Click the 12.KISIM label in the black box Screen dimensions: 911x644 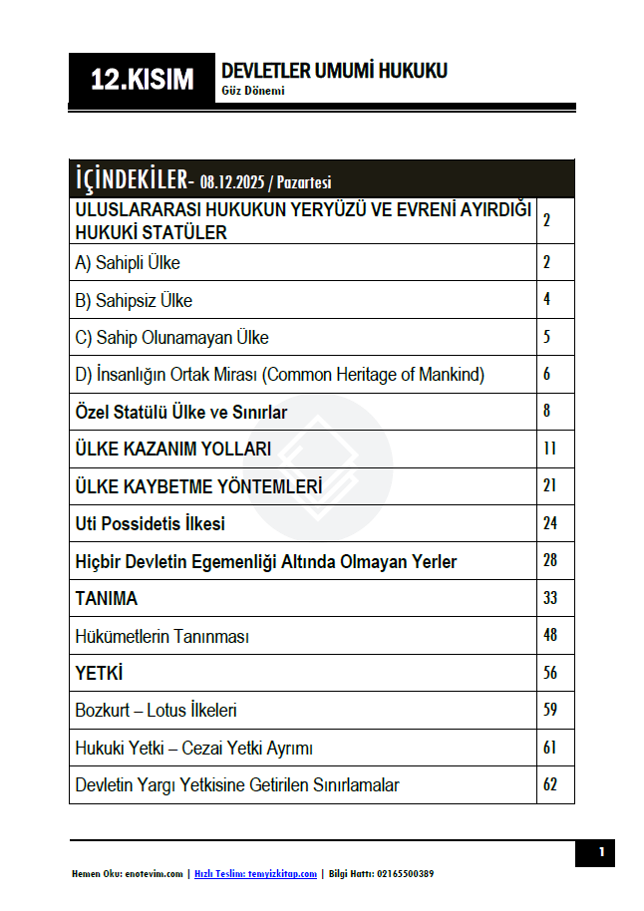point(142,80)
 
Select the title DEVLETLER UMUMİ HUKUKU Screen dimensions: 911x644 point(334,71)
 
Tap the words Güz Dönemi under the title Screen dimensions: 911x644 point(253,91)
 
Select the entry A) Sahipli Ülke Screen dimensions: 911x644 point(128,263)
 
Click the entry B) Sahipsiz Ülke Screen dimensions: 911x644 point(134,300)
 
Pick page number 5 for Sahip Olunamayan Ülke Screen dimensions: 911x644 point(547,337)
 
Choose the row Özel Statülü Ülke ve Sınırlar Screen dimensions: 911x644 point(181,412)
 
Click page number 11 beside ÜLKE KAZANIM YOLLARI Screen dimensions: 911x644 point(549,449)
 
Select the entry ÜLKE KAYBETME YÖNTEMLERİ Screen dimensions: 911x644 point(198,486)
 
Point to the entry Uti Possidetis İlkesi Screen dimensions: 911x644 point(151,523)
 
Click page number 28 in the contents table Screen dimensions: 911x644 point(549,560)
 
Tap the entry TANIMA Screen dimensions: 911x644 point(107,598)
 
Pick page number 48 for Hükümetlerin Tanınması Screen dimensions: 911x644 point(549,635)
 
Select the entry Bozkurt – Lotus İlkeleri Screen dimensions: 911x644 point(157,711)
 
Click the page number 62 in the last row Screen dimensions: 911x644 point(549,784)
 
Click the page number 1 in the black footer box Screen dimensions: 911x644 point(601,852)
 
